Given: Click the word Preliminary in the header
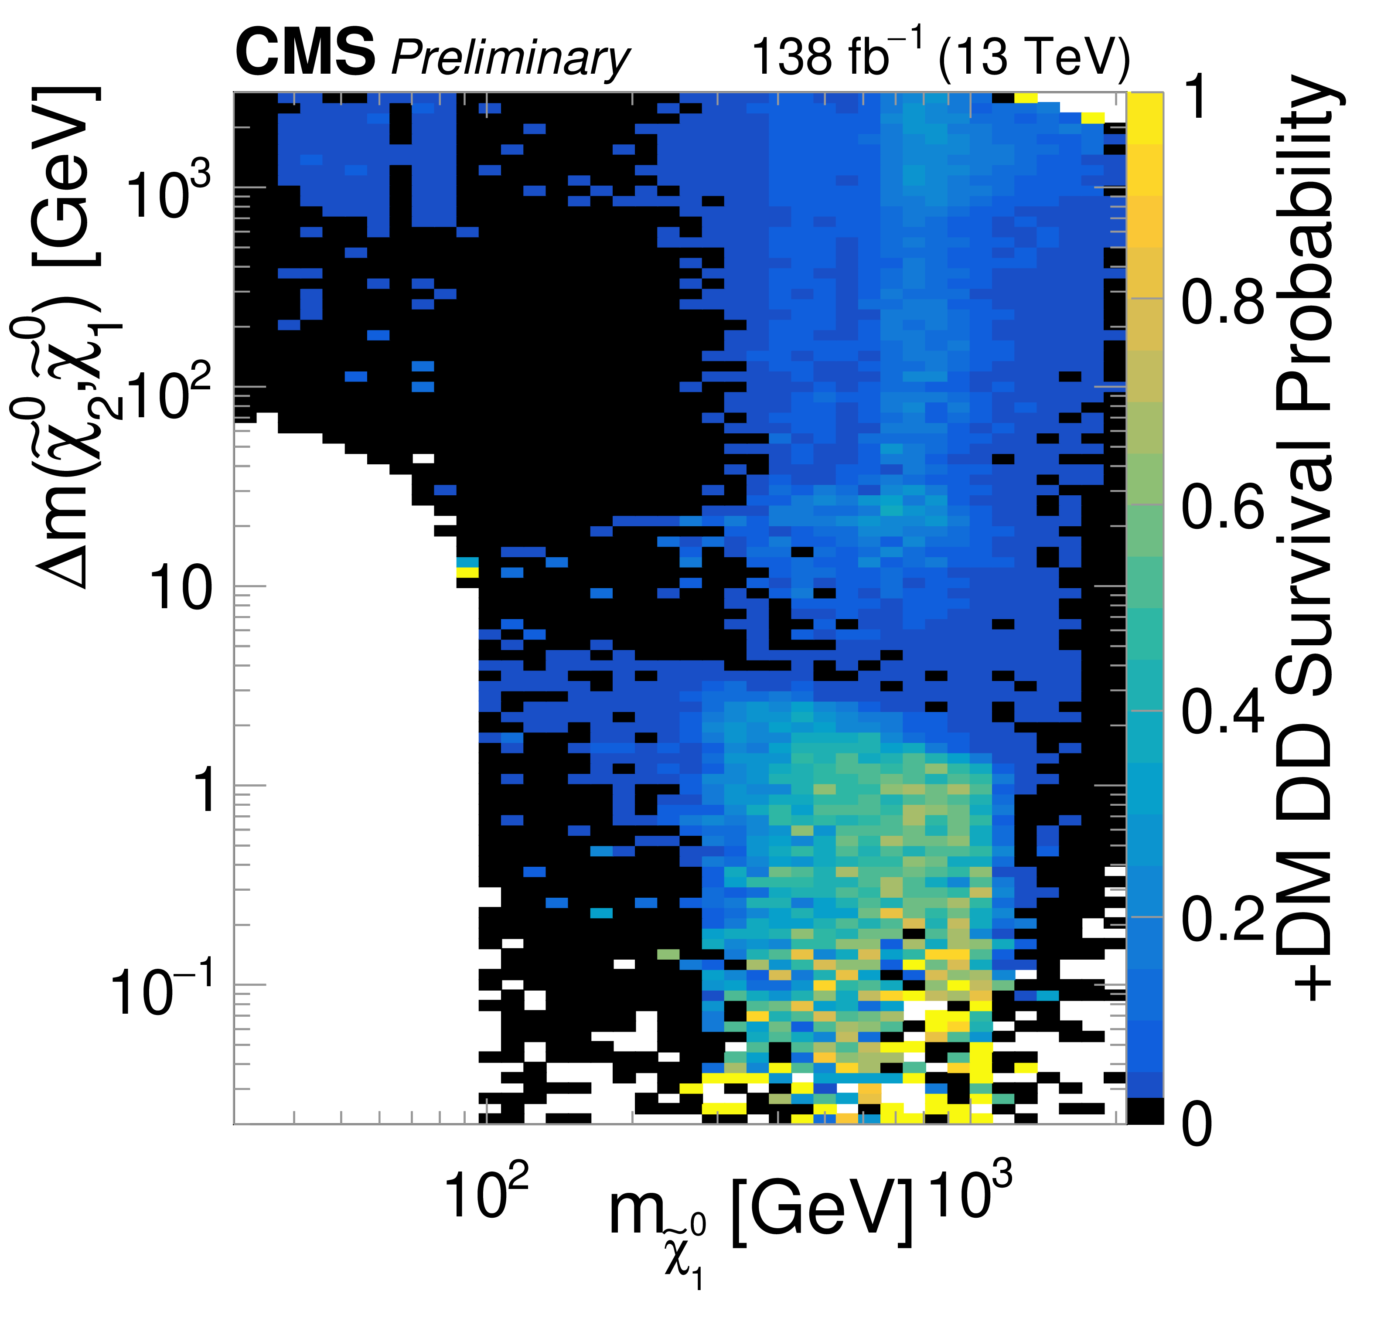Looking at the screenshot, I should (510, 58).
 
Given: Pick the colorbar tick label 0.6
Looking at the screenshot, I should (1223, 506).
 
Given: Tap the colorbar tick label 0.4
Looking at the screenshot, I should (1223, 712).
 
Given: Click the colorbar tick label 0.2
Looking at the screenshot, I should (1223, 918).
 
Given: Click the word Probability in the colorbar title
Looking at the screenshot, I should (1304, 252).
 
